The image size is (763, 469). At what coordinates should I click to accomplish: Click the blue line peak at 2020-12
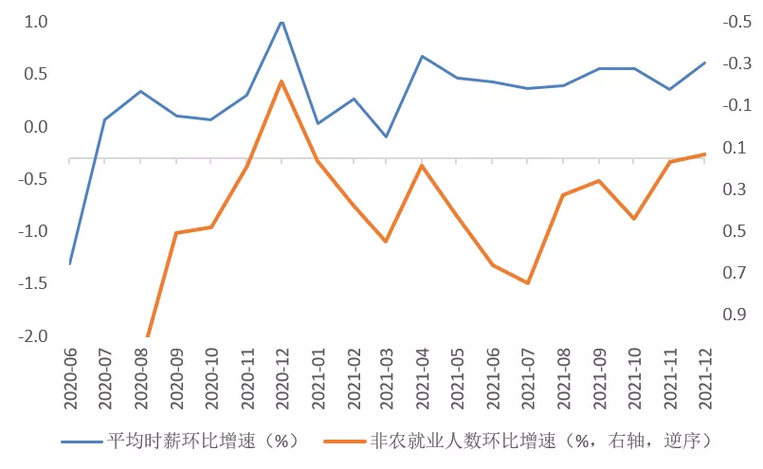click(282, 21)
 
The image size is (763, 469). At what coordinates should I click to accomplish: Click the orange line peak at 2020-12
click(282, 81)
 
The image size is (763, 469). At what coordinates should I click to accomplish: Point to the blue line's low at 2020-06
click(70, 262)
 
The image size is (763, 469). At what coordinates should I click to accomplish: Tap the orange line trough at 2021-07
click(527, 282)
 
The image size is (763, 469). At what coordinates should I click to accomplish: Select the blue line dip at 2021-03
click(386, 136)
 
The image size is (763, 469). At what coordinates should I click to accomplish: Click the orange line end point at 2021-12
click(704, 153)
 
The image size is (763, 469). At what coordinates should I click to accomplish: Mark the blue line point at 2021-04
click(422, 56)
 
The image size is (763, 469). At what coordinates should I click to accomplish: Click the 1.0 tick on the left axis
click(34, 22)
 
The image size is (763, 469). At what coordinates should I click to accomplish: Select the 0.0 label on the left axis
click(34, 127)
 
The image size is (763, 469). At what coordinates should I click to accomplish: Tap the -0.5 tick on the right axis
click(735, 22)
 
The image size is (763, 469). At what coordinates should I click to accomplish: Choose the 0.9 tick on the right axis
click(736, 315)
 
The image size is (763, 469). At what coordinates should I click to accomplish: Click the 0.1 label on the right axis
click(736, 148)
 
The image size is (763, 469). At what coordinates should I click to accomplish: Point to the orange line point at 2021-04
click(422, 166)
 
